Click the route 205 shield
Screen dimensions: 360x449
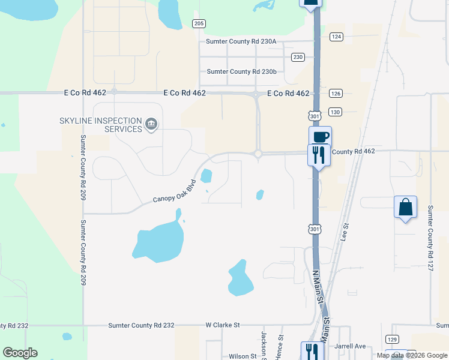pyautogui.click(x=199, y=23)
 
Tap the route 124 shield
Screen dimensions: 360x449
pyautogui.click(x=336, y=37)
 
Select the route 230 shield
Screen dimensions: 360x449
pyautogui.click(x=298, y=57)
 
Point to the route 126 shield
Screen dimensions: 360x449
pyautogui.click(x=336, y=94)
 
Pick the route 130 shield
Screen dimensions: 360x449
pyautogui.click(x=336, y=112)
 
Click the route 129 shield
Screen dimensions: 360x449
pyautogui.click(x=392, y=339)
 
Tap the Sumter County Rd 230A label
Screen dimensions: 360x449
pyautogui.click(x=241, y=41)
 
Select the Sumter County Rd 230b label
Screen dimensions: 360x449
pyautogui.click(x=241, y=71)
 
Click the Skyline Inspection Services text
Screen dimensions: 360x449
pyautogui.click(x=100, y=125)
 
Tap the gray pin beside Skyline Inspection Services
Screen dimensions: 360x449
pyautogui.click(x=151, y=125)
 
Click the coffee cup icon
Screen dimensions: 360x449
pyautogui.click(x=320, y=136)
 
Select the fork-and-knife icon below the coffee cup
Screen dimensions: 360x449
pyautogui.click(x=318, y=155)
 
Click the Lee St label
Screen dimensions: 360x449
pyautogui.click(x=346, y=231)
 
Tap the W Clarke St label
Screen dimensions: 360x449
pyautogui.click(x=223, y=325)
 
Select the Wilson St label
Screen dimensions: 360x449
pyautogui.click(x=243, y=356)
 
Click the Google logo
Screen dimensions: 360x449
pyautogui.click(x=20, y=353)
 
